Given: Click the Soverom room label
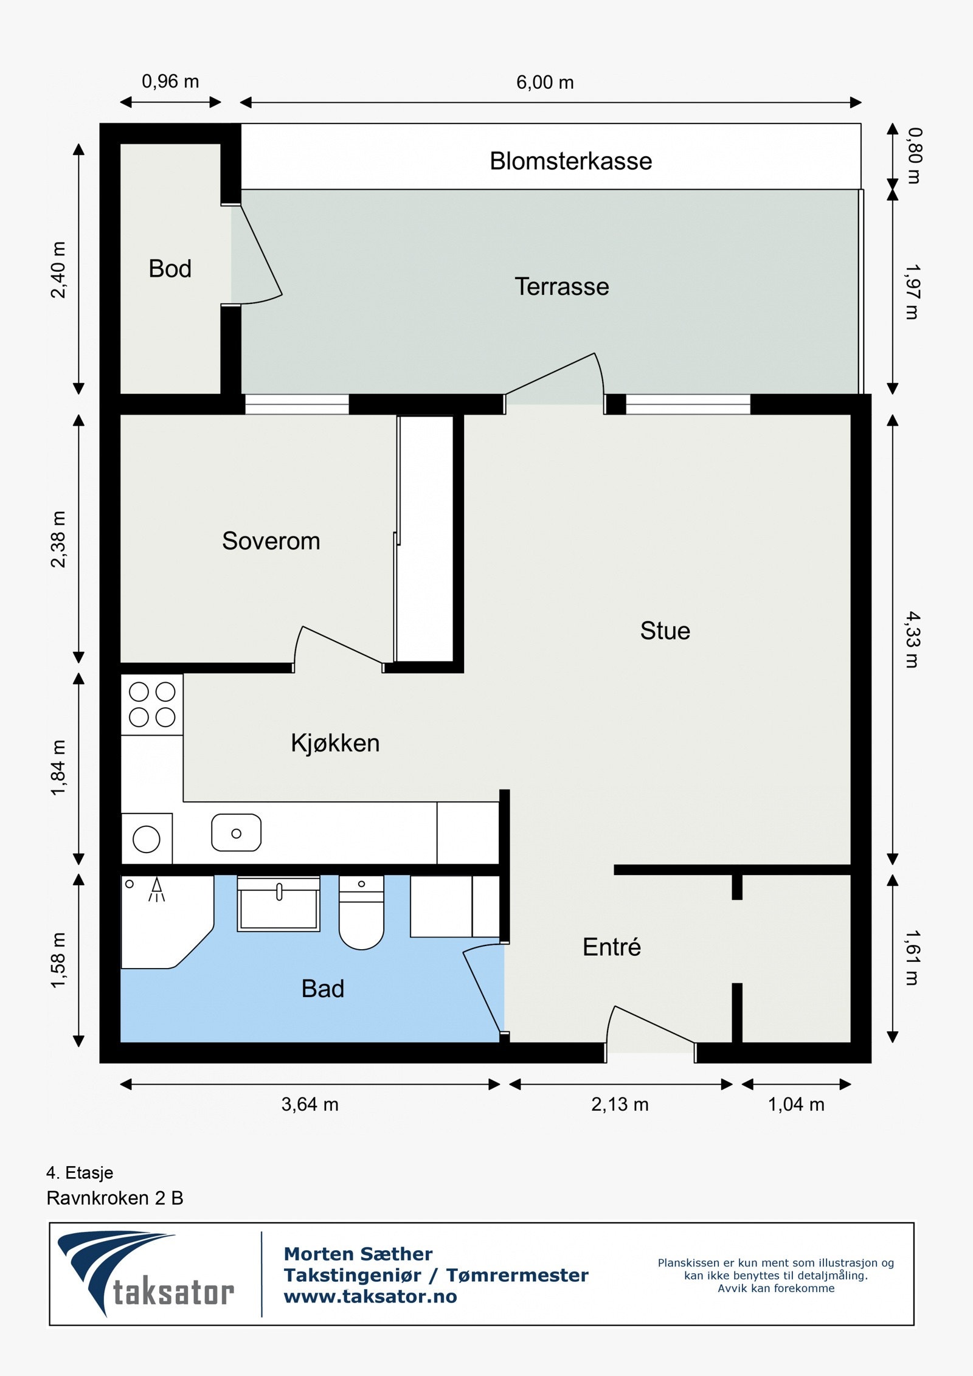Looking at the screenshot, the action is [271, 541].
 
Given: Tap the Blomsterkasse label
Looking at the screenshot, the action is [571, 161].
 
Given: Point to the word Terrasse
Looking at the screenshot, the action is [562, 286].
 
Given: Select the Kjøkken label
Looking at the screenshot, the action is [335, 743].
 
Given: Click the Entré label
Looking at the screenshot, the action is [612, 947].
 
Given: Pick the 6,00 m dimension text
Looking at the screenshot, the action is [545, 82].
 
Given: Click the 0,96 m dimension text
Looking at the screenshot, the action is [170, 81].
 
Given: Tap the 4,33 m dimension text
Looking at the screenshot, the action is [912, 640].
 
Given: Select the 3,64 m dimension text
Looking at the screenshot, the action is [310, 1104].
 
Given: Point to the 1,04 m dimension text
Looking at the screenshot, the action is [796, 1104].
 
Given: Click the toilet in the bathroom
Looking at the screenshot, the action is [361, 912].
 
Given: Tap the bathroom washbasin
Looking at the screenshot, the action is [279, 904].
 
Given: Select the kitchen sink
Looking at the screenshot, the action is [237, 833].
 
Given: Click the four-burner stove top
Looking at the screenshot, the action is [152, 704].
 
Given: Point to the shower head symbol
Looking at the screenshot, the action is [157, 890].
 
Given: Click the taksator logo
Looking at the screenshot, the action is [146, 1274].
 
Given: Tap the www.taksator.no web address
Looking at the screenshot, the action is [370, 1296].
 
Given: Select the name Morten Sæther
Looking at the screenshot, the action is [358, 1254].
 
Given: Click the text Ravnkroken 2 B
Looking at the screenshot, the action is [115, 1198].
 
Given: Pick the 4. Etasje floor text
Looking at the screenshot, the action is [80, 1173].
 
